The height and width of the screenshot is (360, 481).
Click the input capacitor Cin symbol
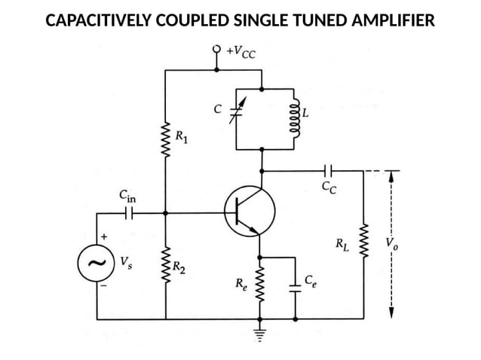[x=129, y=213]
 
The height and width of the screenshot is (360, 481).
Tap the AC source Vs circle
[x=97, y=264]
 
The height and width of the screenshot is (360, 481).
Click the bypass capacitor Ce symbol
[x=295, y=287]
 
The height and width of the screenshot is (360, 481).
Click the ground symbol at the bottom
[x=261, y=332]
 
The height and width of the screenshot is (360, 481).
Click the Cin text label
[x=128, y=197]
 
